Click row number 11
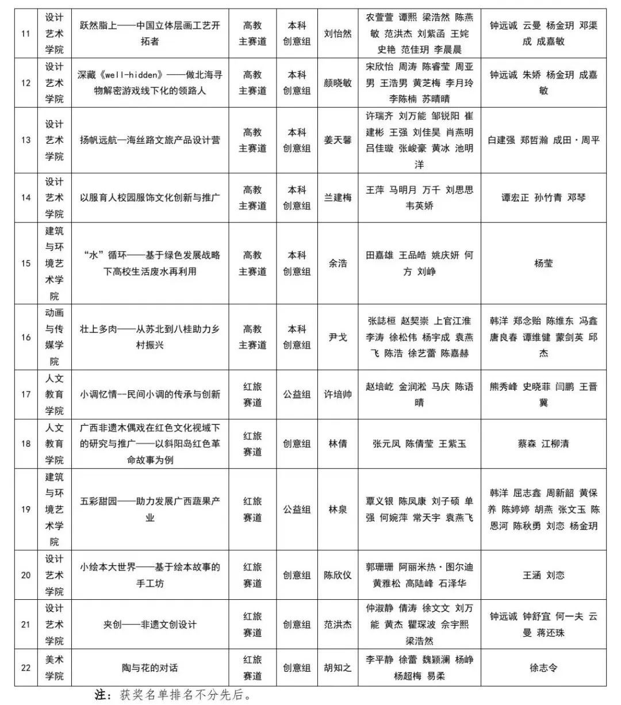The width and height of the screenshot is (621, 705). click(25, 33)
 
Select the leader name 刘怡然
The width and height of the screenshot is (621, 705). click(338, 33)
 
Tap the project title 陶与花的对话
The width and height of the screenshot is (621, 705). click(149, 668)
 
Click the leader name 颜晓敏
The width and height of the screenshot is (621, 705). click(338, 83)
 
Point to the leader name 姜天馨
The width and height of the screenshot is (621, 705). click(338, 140)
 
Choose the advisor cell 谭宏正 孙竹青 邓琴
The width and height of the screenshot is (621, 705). click(543, 197)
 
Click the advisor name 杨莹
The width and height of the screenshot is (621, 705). click(543, 263)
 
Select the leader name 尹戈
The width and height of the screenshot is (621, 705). click(338, 337)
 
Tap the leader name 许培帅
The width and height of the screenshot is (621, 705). click(338, 394)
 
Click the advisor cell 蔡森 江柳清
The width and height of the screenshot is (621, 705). click(543, 443)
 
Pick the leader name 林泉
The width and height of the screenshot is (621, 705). click(338, 509)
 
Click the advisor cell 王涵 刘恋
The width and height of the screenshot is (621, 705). click(543, 575)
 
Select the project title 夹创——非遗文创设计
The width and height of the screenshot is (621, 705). click(149, 624)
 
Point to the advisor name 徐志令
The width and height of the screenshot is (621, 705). click(543, 668)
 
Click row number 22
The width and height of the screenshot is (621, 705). click(25, 668)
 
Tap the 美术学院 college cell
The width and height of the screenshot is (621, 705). click(55, 668)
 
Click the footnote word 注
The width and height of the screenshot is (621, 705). click(102, 695)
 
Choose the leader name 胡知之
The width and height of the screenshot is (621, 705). click(338, 668)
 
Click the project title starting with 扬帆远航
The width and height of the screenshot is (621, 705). click(149, 140)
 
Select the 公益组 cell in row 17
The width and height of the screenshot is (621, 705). click(297, 394)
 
